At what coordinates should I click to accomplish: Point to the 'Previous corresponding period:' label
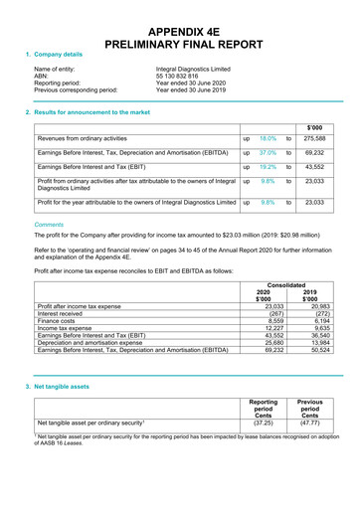pyautogui.click(x=76, y=90)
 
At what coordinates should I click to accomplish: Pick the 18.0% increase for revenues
pyautogui.click(x=268, y=140)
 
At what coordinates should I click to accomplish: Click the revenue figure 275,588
pyautogui.click(x=316, y=140)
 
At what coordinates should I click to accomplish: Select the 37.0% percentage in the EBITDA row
pyautogui.click(x=268, y=154)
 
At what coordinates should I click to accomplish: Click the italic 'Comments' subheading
pyautogui.click(x=51, y=225)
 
